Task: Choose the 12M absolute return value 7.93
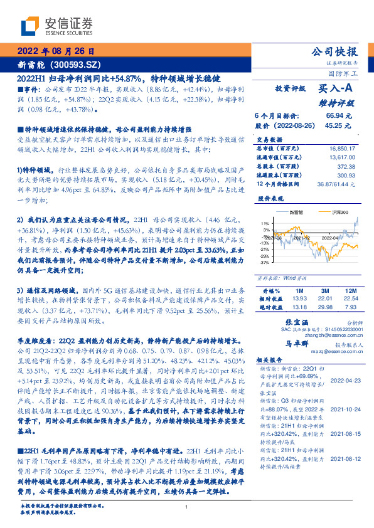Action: click(350, 307)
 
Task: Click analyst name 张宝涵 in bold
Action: click(286, 320)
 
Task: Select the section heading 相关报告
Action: click(270, 362)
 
